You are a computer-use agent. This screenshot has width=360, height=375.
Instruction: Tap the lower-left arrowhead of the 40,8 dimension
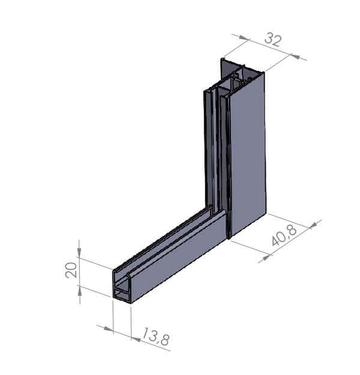265,257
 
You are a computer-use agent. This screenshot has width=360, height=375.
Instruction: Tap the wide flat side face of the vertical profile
247,156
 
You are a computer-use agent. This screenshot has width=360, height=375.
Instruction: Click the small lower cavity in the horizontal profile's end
122,294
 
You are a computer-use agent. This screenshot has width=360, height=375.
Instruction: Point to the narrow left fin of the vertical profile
206,150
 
